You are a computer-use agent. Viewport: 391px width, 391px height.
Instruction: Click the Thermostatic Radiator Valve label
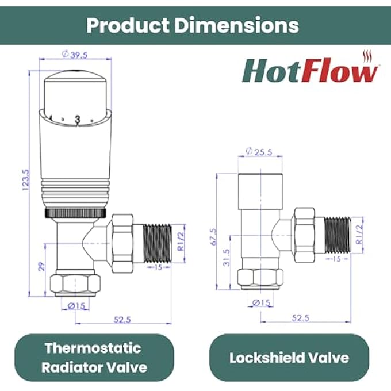coord(94,357)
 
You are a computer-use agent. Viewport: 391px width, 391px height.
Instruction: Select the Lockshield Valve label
coord(289,357)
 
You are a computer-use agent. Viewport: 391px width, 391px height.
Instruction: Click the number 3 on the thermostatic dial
coord(76,119)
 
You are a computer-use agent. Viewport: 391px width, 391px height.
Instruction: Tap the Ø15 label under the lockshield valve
coord(262,302)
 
